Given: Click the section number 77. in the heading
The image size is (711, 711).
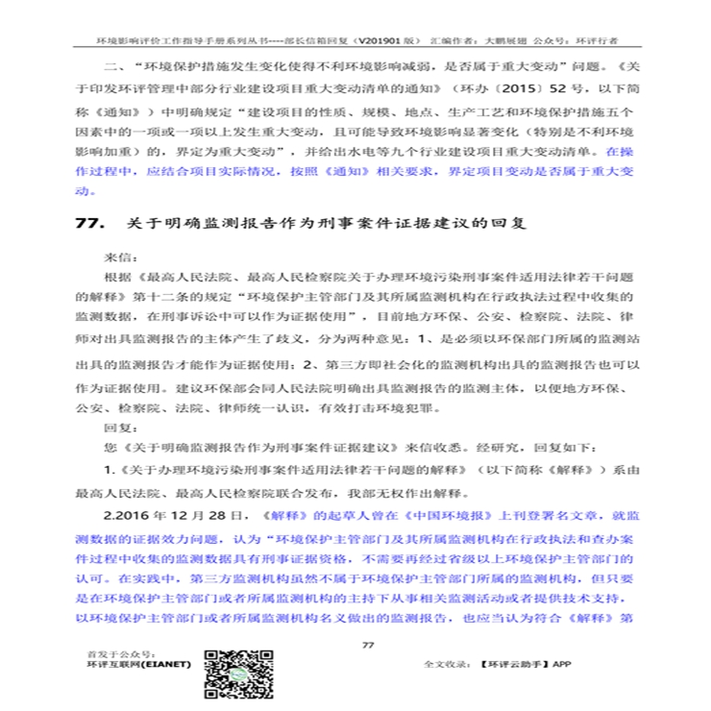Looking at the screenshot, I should coord(88,224).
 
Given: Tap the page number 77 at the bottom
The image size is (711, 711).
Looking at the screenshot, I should coord(366,645).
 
